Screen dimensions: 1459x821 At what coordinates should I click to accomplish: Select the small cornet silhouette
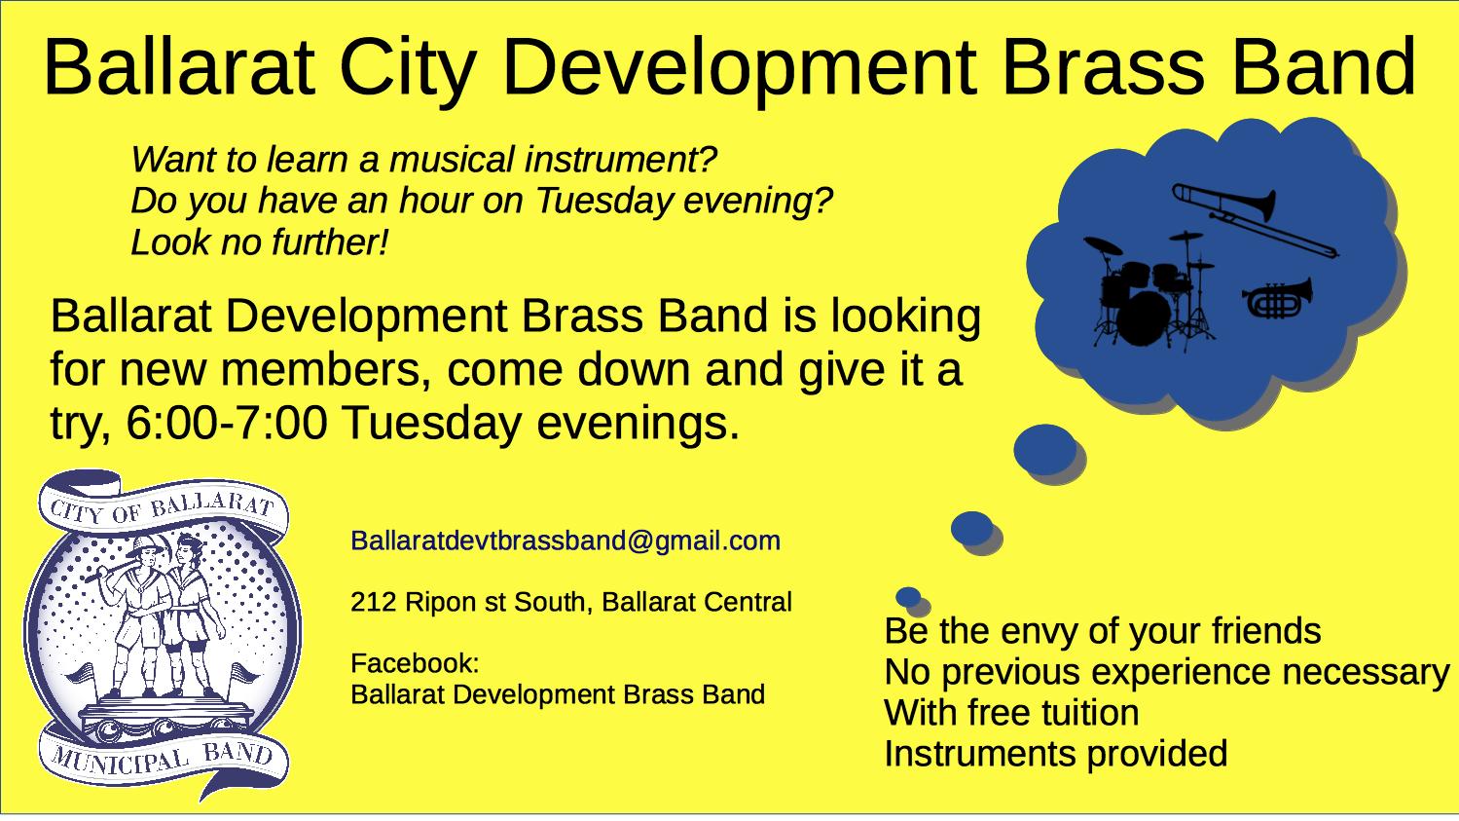pos(1277,298)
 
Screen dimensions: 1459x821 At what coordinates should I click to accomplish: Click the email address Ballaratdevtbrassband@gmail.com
pos(565,541)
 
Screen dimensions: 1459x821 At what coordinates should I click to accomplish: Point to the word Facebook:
pos(415,663)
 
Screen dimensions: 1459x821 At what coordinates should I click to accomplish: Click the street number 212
pos(374,602)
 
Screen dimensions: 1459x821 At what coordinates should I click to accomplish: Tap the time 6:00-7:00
pos(227,423)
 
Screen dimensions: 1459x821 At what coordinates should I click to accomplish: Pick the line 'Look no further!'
pos(260,243)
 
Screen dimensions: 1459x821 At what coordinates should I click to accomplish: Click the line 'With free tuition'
pos(1011,712)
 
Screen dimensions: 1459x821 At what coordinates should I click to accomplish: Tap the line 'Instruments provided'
pos(1056,753)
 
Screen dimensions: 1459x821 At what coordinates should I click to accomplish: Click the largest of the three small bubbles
pos(1044,450)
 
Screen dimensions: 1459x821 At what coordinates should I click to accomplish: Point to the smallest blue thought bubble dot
pos(908,597)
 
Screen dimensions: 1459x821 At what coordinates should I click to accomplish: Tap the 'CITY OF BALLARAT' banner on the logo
pos(162,508)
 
